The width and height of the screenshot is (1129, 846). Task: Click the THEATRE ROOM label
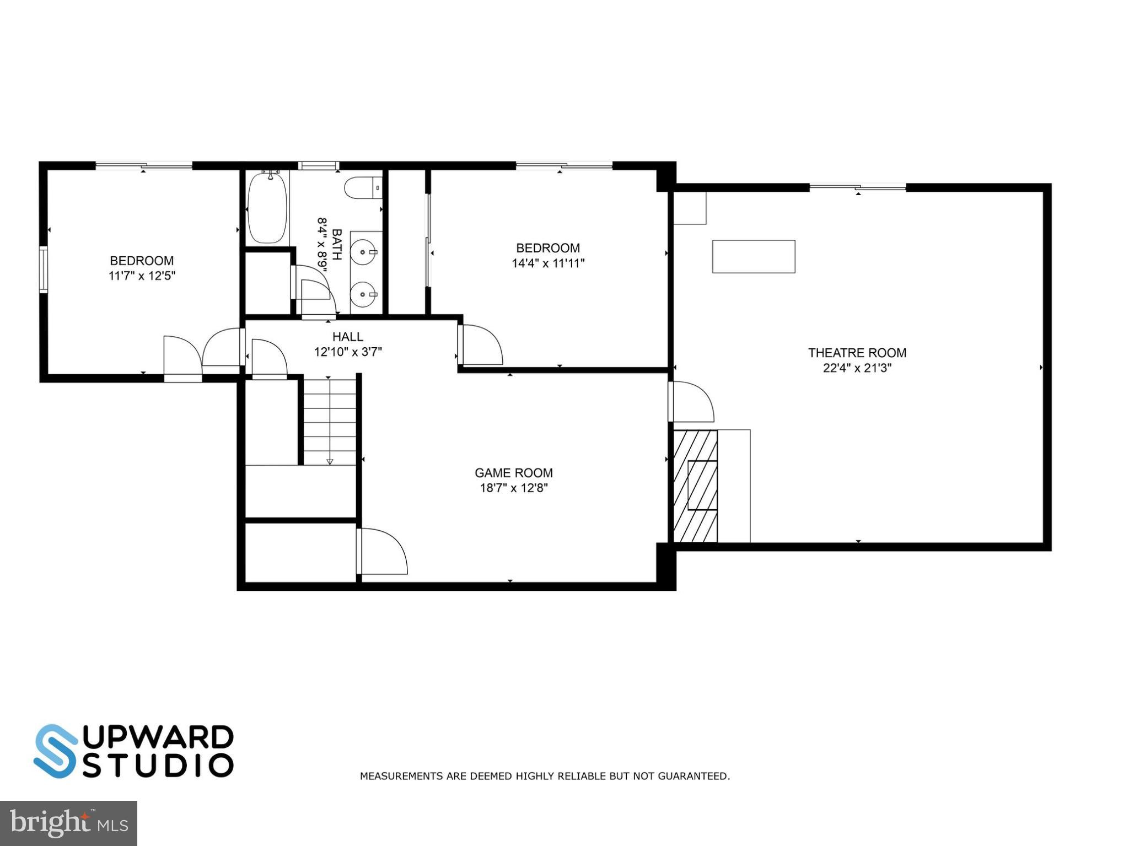857,353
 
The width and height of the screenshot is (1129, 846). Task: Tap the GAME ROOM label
513,473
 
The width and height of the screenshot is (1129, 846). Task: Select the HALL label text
348,337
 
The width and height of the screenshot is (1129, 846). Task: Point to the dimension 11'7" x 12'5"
142,276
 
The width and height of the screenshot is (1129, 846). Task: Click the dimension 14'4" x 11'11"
548,263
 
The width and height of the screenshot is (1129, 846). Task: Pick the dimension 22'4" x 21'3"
857,368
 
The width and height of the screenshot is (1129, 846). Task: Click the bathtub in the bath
267,207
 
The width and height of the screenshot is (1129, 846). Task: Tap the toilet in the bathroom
363,187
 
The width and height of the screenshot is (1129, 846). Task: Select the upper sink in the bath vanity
364,252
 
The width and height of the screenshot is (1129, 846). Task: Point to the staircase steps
330,422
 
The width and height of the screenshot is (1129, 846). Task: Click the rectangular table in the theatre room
753,256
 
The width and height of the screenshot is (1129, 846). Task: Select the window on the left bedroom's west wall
43,268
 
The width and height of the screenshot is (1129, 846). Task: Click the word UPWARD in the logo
159,737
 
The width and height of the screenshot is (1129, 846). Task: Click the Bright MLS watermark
68,823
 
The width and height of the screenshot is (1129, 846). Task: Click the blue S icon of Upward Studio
56,751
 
